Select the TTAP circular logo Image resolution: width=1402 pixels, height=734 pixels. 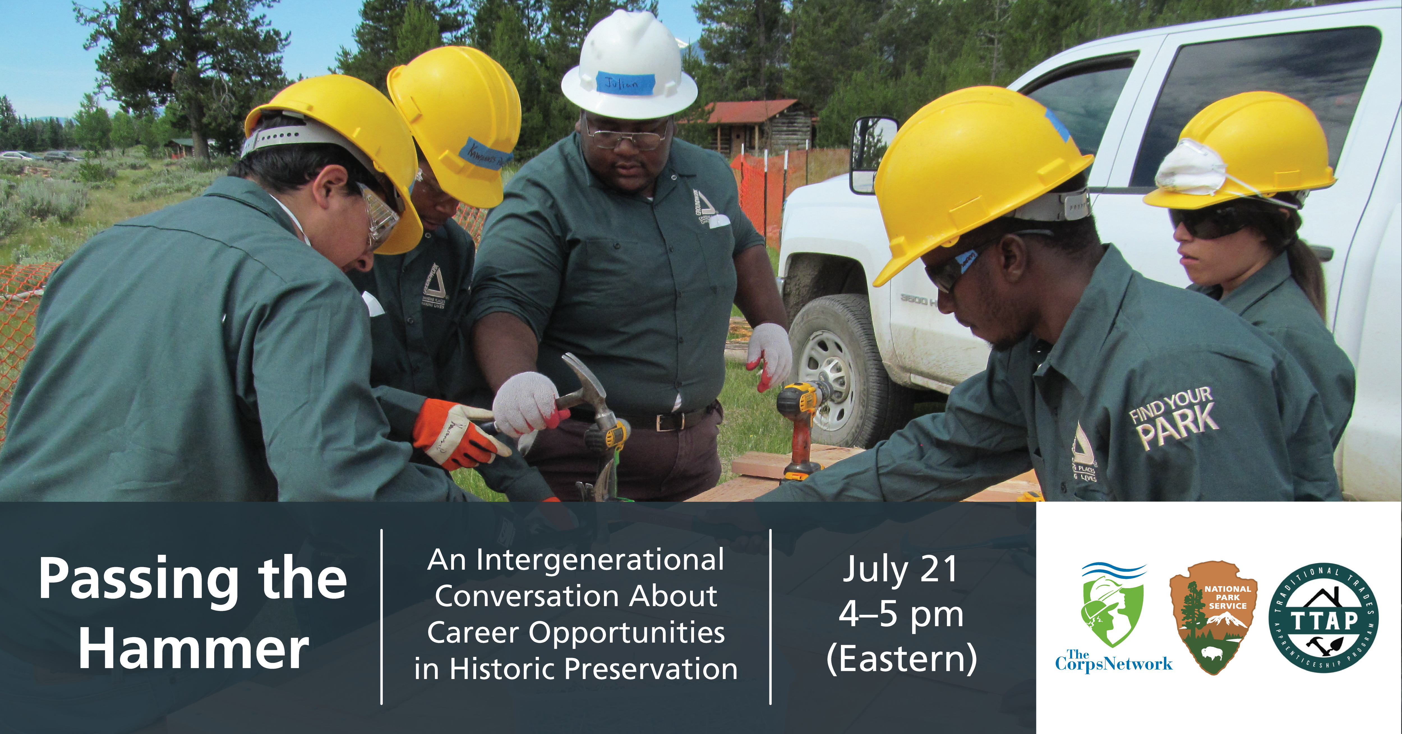(x=1323, y=618)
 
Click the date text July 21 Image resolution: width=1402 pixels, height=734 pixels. (x=901, y=569)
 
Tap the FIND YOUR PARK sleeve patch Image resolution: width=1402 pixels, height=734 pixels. (x=1173, y=417)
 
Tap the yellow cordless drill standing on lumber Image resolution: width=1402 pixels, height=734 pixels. (x=798, y=430)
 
